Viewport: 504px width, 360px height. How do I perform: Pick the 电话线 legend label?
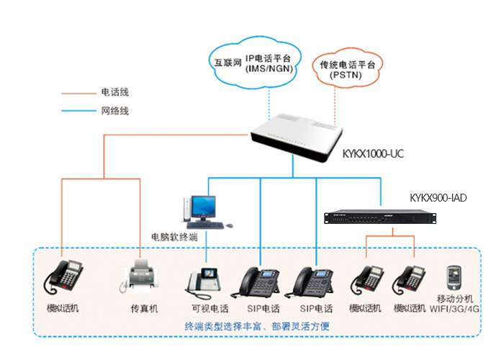115,93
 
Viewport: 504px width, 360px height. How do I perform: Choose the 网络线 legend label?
115,111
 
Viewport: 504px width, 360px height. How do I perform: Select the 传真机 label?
143,309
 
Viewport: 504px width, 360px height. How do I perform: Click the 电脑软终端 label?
173,236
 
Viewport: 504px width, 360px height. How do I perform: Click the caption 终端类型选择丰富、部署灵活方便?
261,325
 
